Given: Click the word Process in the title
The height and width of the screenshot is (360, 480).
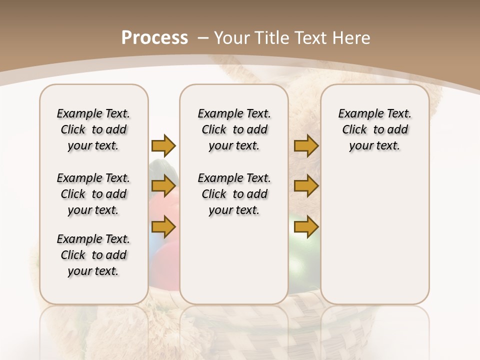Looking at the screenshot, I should (x=154, y=37).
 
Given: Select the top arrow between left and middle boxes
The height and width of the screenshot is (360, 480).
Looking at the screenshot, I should (x=163, y=145).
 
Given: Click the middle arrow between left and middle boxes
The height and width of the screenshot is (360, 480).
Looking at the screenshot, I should (x=163, y=186).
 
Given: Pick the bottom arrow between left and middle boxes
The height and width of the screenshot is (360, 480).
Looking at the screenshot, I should (x=163, y=227).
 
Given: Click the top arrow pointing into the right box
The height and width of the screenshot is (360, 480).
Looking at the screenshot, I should (x=306, y=145).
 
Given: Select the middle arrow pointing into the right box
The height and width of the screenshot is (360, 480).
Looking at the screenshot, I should (x=306, y=186).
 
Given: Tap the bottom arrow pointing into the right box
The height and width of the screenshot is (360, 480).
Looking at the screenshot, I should (x=306, y=227).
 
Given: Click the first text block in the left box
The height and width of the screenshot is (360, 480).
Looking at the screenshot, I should (x=93, y=129).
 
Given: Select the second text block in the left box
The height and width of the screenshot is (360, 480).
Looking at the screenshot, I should (x=93, y=194).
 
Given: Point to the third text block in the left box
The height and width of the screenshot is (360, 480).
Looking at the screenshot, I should (x=93, y=255).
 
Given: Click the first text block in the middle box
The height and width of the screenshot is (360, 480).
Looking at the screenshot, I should (x=234, y=129).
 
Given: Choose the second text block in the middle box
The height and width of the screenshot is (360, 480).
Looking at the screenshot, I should (x=234, y=194).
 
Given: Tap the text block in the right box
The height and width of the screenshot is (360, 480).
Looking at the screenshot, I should (x=374, y=129).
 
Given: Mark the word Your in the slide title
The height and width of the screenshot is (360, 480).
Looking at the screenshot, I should (x=231, y=37).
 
